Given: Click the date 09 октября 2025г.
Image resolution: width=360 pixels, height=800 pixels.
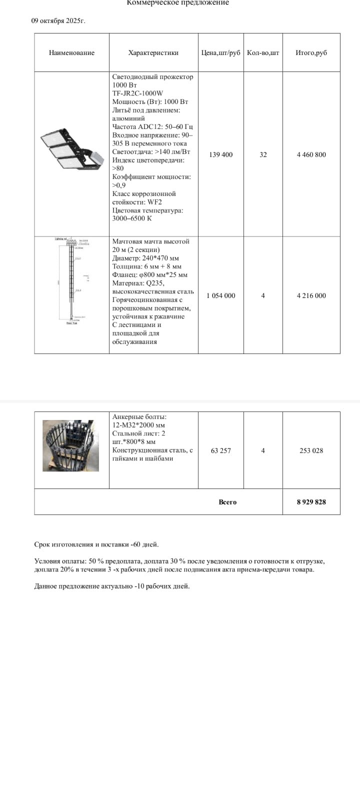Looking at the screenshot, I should (58, 21).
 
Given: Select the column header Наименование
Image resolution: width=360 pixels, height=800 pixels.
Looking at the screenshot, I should (71, 52).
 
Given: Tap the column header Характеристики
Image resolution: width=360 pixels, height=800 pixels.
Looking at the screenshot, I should (153, 52).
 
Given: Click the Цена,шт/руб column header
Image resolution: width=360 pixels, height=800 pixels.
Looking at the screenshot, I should (220, 52).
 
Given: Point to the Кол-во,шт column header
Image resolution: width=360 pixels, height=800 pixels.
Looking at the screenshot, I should (263, 52).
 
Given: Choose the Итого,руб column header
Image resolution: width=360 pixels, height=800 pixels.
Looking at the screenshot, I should (311, 52).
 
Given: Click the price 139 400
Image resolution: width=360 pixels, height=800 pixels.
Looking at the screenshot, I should (220, 154).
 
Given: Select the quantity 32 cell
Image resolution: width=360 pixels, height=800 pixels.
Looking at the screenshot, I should (263, 154).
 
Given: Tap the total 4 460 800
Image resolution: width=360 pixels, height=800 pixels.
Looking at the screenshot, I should (311, 154).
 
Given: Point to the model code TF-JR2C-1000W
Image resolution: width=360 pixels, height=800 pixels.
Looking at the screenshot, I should (137, 93).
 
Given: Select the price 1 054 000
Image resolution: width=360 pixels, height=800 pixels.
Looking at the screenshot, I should (220, 295).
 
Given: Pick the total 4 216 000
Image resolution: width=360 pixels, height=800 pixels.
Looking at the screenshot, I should (311, 295).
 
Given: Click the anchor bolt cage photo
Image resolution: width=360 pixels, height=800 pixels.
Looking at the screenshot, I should (70, 445).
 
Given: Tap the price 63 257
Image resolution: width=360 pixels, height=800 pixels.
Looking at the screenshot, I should (220, 450).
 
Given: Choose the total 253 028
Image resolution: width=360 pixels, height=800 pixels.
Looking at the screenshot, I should (311, 450).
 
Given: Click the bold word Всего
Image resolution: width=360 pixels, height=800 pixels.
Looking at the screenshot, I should (227, 502).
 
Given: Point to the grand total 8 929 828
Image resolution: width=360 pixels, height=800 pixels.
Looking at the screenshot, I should (311, 502).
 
